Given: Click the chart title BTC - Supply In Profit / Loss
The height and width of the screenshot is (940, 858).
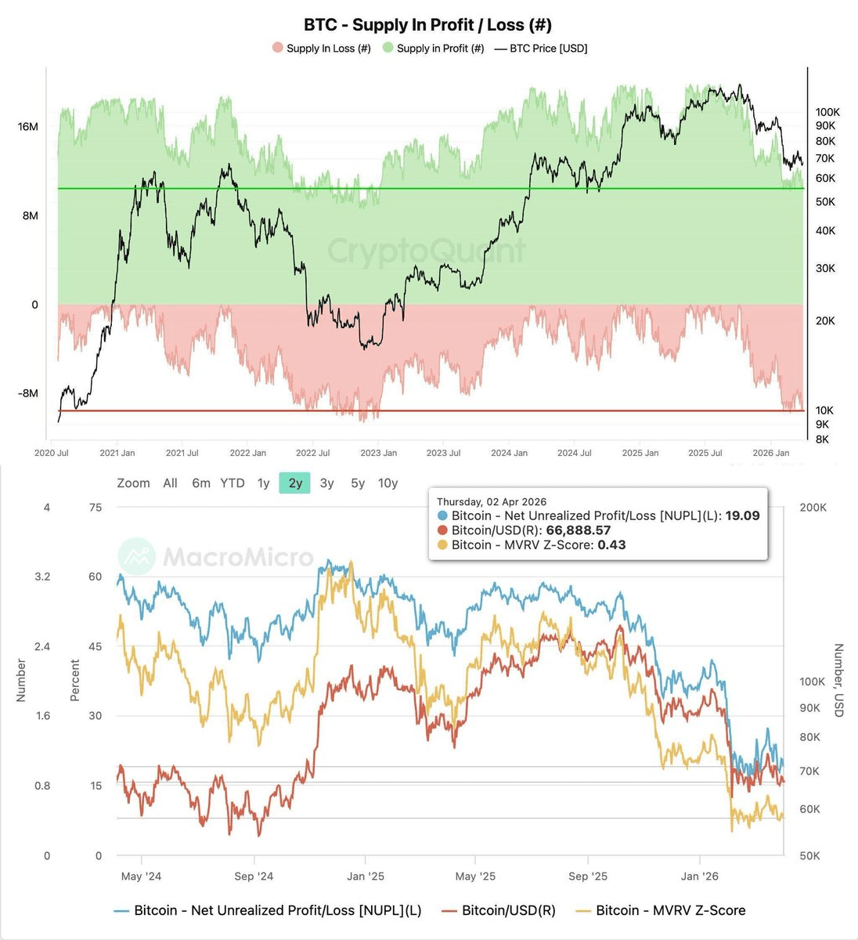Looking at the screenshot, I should coord(427,25).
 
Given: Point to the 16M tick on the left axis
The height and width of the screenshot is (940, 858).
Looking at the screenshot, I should coord(28,127).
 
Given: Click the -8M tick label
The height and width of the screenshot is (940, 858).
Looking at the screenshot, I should coord(27,393).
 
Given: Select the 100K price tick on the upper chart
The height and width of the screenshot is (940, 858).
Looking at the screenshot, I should coord(827,113).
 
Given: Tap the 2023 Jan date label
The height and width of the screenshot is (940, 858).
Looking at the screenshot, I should coord(378,453).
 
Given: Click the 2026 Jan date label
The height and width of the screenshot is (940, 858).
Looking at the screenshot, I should coord(771,453).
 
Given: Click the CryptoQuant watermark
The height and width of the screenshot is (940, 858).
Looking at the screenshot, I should coord(427,251).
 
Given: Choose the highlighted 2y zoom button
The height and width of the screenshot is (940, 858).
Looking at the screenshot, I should coord(295,483).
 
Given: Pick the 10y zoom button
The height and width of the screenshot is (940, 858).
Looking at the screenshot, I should coord(388,483).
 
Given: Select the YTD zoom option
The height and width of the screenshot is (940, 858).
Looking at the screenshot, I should coord(233,483).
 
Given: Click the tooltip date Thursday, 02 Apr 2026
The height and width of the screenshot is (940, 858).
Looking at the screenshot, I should coord(492,502).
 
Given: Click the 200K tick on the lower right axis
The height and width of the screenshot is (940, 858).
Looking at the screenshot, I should coord(813,508).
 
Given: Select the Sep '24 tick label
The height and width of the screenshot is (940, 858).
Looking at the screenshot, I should coord(254,877).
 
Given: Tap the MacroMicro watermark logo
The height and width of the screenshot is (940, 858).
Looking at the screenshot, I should coord(137,556).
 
